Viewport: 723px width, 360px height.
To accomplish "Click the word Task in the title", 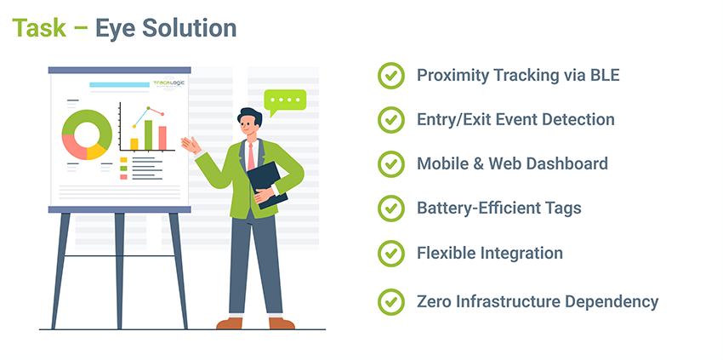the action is (x=39, y=28).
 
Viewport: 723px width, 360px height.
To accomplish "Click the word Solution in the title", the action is (x=189, y=28).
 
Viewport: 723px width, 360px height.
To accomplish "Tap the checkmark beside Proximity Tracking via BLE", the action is (x=391, y=76).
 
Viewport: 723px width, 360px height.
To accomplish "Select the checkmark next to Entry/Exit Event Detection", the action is (x=391, y=119).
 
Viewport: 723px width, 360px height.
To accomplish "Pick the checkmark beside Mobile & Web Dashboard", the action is (x=391, y=164).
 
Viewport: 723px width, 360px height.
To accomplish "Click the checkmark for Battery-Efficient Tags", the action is (x=391, y=209).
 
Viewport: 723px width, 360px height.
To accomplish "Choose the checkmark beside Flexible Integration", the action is (x=391, y=254).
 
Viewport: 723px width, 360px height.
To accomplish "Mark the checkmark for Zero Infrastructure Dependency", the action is (x=391, y=302).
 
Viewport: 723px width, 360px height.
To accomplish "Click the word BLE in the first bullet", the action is (x=605, y=75).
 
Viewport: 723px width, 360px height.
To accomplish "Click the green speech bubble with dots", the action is (x=285, y=101).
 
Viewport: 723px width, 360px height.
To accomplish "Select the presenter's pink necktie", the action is (x=251, y=157).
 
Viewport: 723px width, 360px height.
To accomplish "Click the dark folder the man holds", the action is (x=266, y=184).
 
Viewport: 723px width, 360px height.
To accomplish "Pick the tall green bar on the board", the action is (x=149, y=135).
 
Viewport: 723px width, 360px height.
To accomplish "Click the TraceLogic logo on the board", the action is (x=169, y=83).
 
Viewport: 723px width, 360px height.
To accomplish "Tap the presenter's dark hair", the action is (x=251, y=116).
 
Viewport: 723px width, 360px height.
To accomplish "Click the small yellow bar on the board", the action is (x=134, y=145).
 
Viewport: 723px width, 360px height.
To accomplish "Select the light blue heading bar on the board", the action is (x=119, y=85).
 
